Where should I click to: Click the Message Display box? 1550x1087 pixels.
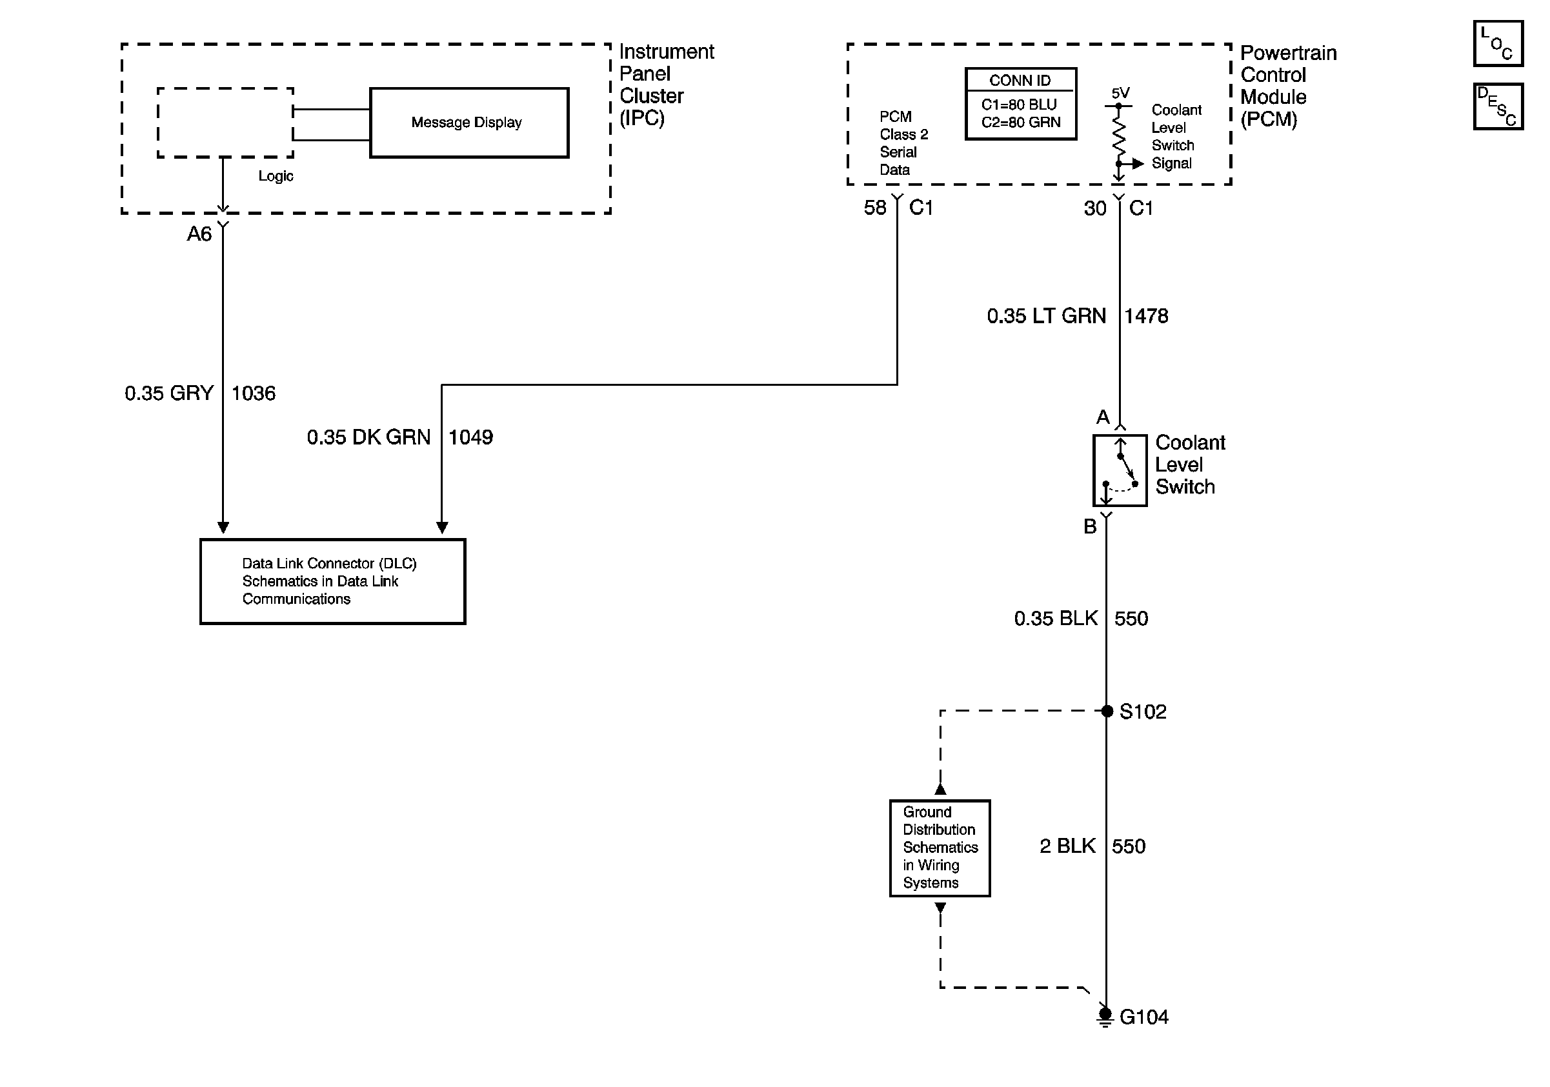coord(469,123)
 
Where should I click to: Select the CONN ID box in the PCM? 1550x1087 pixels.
coord(1021,104)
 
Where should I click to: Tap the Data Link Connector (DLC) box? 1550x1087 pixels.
coord(333,581)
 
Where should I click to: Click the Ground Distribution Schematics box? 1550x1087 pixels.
coord(940,848)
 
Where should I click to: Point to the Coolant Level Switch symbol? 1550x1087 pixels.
coord(1120,470)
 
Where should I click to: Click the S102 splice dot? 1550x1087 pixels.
coord(1107,710)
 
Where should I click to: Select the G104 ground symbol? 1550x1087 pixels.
coord(1105,1016)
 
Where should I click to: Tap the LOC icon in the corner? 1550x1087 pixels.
coord(1498,44)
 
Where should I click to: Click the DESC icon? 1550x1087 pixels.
coord(1498,106)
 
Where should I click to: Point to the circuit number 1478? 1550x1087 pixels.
coord(1146,315)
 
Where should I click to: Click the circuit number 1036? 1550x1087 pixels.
coord(254,394)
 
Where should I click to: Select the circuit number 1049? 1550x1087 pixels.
coord(471,437)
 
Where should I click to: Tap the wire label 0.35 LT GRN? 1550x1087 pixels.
coord(1047,315)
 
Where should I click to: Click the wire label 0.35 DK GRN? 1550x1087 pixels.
coord(368,437)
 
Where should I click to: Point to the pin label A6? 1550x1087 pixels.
coord(199,234)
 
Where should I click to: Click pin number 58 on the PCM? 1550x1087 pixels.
coord(875,208)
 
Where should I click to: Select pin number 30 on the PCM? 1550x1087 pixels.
coord(1095,208)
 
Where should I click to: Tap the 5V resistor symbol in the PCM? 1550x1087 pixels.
coord(1118,135)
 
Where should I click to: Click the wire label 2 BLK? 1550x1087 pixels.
coord(1067,846)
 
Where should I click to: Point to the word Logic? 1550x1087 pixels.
coord(276,176)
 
